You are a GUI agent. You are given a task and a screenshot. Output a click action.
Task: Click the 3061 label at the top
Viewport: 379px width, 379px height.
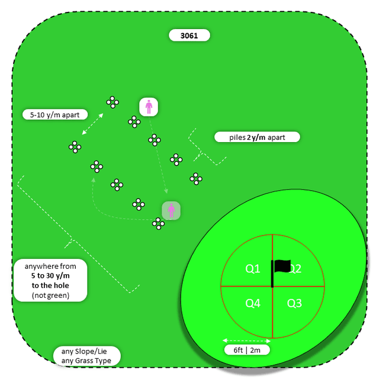pos(189,36)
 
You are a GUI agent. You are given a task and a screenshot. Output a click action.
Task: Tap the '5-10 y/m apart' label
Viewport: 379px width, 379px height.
pos(54,114)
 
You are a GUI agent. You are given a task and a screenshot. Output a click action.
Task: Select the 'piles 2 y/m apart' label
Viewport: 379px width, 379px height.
pos(257,137)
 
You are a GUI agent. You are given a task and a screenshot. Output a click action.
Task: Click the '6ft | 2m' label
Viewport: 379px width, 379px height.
pos(248,350)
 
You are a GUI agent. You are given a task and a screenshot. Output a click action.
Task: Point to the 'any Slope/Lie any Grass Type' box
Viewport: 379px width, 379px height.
pos(86,355)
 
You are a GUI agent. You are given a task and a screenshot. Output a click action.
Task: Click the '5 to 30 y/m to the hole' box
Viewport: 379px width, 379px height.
pos(50,281)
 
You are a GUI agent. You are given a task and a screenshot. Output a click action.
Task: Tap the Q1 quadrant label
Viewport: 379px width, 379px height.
pos(253,269)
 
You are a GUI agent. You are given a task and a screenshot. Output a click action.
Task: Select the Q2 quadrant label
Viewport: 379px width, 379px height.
pos(295,269)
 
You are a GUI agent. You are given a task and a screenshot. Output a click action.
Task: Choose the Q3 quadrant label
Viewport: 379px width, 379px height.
pos(294,303)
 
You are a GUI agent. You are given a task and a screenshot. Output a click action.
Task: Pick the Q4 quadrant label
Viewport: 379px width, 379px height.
pos(253,303)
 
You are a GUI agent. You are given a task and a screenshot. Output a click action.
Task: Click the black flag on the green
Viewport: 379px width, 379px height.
pos(283,267)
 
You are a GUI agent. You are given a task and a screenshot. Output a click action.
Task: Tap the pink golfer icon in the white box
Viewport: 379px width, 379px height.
pos(149,107)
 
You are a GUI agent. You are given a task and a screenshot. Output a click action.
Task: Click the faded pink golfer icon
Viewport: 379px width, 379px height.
pos(171,210)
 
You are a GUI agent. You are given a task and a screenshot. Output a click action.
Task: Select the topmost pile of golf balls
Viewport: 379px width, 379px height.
pos(113,102)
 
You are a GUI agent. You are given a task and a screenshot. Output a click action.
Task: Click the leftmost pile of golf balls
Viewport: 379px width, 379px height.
pos(75,146)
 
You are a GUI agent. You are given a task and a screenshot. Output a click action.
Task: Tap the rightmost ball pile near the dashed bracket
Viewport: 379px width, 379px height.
pos(196,178)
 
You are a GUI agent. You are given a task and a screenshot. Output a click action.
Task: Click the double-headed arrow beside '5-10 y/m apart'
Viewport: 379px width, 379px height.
pos(92,124)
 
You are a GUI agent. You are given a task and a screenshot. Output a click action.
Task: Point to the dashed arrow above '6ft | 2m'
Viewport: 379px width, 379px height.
pos(246,341)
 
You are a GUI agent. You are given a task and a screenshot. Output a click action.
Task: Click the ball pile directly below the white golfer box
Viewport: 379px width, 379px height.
pos(134,121)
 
